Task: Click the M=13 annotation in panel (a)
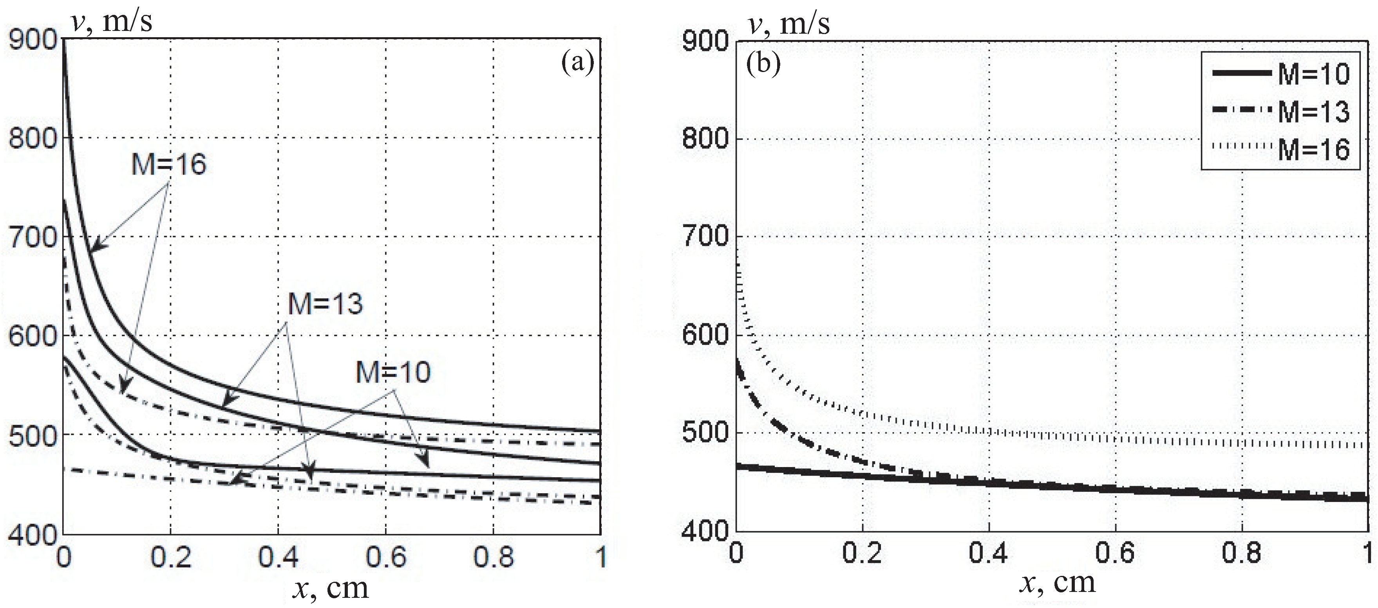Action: (x=325, y=304)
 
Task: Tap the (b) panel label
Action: (x=763, y=64)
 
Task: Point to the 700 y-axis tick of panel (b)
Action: (x=705, y=237)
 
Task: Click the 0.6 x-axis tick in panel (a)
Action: (x=386, y=557)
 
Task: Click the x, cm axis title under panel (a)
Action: (x=331, y=588)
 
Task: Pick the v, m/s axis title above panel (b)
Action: (x=790, y=23)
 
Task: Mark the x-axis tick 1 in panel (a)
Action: (x=601, y=557)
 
